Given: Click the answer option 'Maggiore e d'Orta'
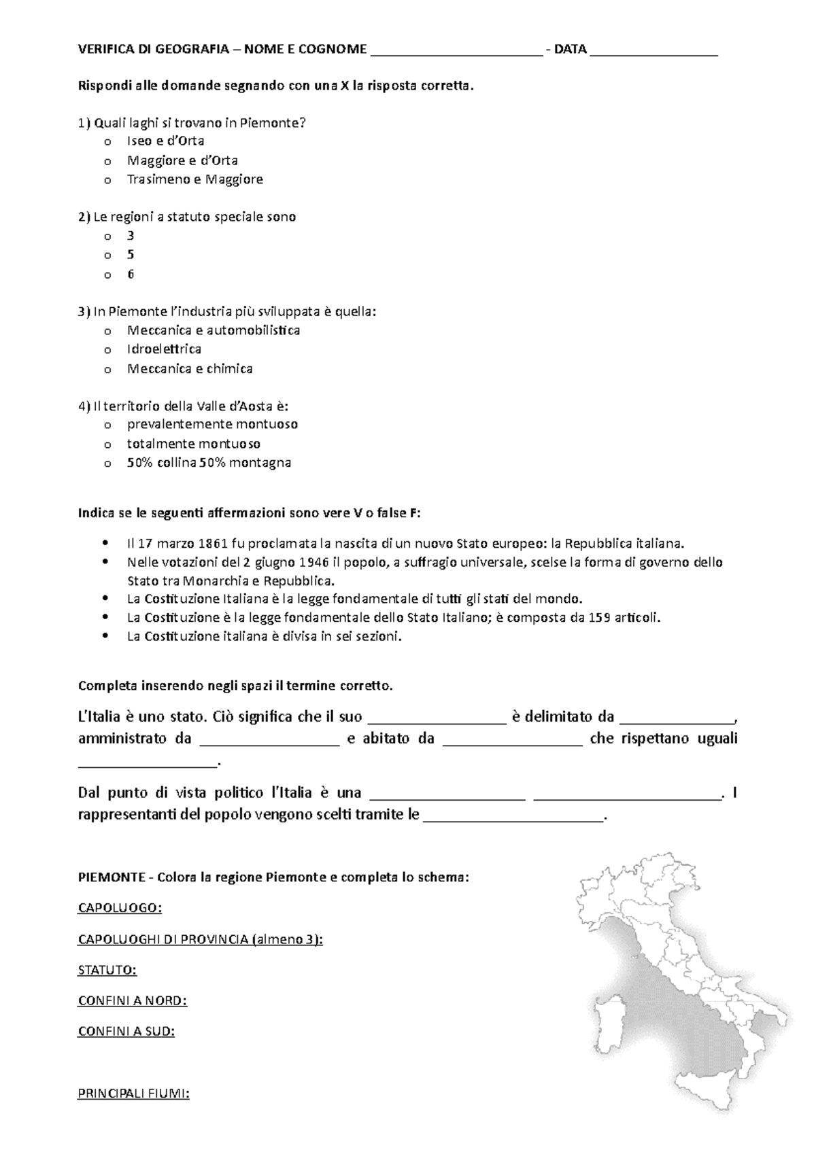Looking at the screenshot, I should coord(182,160).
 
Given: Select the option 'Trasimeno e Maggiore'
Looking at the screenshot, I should coord(194,179).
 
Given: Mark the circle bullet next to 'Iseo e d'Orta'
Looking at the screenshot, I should coord(107,142).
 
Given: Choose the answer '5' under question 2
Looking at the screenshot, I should coord(131,255).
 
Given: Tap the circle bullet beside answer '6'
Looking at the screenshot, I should coord(107,275).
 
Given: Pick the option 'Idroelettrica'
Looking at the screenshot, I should coord(164,349).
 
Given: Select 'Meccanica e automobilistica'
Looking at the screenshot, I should coord(213,330).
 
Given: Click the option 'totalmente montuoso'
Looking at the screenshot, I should coord(194,444).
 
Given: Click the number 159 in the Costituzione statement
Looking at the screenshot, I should coord(597,618).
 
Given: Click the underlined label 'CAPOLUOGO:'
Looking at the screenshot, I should coord(120,908).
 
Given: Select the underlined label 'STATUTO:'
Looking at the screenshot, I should coord(107,970).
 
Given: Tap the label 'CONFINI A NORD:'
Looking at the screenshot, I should coord(133,1000).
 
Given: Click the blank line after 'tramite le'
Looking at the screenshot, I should coord(513,815).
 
